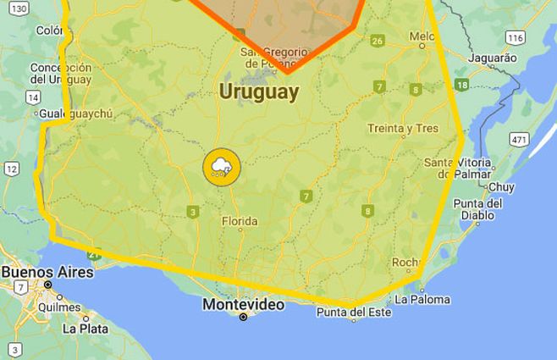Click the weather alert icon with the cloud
(x=222, y=166)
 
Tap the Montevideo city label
(x=243, y=304)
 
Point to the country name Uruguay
(x=259, y=92)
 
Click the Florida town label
(x=239, y=222)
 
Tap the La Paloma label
(x=422, y=299)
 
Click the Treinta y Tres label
(x=403, y=129)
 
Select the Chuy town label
(x=501, y=186)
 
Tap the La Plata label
(x=82, y=328)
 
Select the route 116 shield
(x=515, y=37)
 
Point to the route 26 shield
(x=378, y=41)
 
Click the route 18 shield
(x=461, y=85)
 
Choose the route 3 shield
(x=194, y=212)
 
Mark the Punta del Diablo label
(x=478, y=208)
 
